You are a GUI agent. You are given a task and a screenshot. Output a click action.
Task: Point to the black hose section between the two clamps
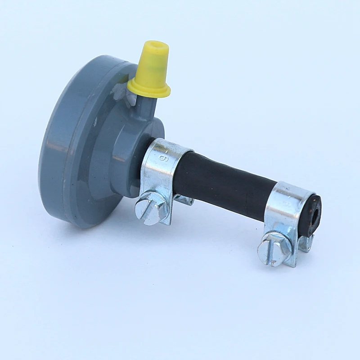coord(225,180)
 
